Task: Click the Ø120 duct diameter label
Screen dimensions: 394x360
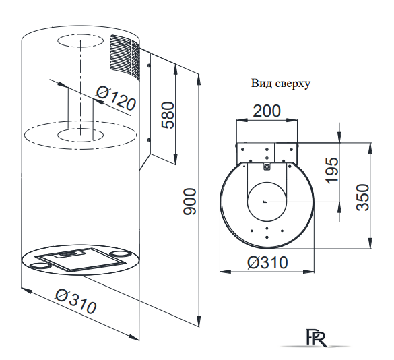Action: [x=116, y=98]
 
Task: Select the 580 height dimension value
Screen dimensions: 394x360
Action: [x=168, y=115]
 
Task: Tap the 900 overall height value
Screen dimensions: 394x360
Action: [x=189, y=202]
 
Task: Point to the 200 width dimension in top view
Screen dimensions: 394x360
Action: [x=266, y=111]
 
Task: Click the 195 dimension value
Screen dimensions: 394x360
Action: [x=331, y=171]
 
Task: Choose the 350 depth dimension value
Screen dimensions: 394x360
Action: [x=363, y=198]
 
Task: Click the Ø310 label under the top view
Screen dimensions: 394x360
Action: [x=267, y=262]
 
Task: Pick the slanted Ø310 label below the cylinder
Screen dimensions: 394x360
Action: [x=76, y=301]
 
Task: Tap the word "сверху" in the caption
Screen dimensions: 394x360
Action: [x=293, y=84]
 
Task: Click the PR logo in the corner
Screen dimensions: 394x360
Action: [x=317, y=337]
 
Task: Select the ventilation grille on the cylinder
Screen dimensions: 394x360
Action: [x=125, y=57]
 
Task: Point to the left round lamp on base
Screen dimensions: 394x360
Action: [x=38, y=266]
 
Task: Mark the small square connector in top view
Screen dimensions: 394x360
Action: [x=266, y=167]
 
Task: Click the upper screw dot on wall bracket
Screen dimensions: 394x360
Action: [x=149, y=65]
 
